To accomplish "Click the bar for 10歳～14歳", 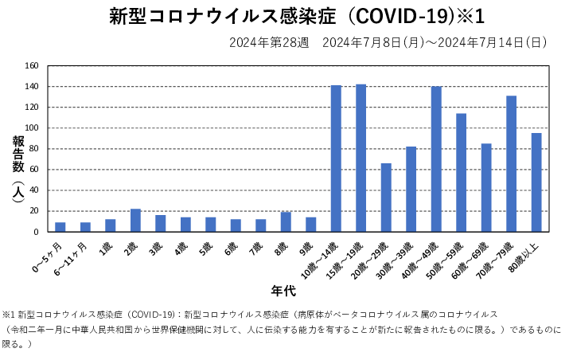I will point(336,158).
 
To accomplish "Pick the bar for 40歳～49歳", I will point(436,159).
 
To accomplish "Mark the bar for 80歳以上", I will point(536,182).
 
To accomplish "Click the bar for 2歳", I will point(135,221).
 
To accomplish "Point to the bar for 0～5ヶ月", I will point(60,227).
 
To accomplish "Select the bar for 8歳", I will point(286,222).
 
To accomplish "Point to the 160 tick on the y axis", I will point(32,66).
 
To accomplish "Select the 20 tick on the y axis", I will point(34,211).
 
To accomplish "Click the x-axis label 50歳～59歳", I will point(450,256).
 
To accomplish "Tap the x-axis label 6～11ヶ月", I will point(72,256).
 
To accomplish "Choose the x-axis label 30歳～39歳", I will point(400,256).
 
